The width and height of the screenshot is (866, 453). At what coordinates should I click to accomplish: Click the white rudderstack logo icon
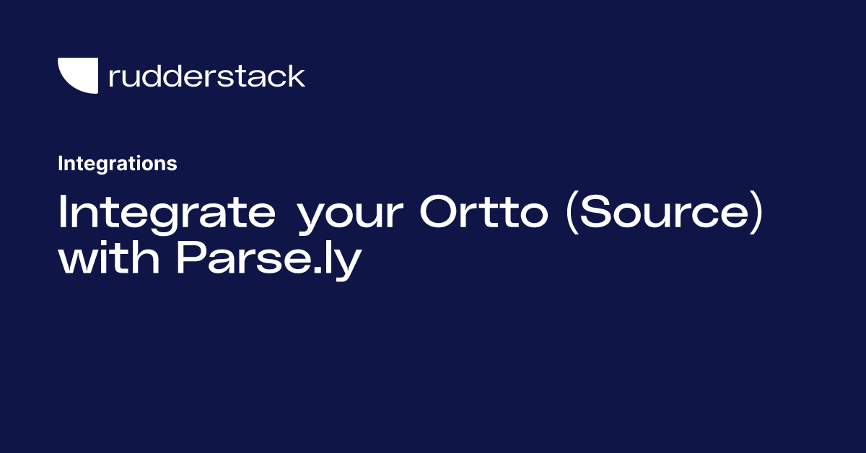click(78, 75)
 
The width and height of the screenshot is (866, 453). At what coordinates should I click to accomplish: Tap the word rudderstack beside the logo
click(206, 76)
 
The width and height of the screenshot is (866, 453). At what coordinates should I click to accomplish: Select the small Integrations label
click(117, 164)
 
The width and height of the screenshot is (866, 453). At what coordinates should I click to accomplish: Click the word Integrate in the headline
click(166, 214)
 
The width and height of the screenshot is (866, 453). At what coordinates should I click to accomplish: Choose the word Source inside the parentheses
click(663, 214)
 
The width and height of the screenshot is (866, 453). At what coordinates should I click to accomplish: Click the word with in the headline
click(109, 260)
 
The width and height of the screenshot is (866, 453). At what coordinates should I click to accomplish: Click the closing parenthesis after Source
click(755, 215)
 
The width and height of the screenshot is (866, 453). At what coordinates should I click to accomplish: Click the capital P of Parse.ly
click(191, 260)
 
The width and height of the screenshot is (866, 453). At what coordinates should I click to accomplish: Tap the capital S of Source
click(596, 214)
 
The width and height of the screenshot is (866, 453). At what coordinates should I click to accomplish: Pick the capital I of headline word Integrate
click(63, 214)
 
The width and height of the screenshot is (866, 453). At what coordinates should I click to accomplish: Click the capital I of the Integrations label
click(61, 164)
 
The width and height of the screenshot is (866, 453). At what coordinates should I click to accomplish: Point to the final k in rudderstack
click(297, 76)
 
